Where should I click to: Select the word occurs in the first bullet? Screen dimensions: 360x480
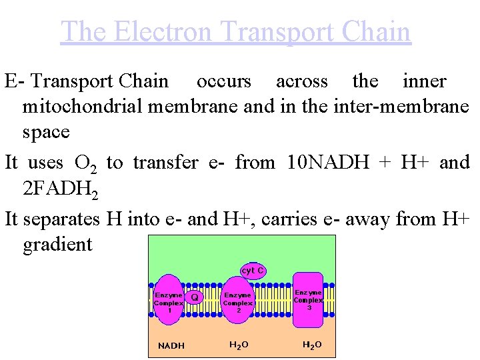click(224, 81)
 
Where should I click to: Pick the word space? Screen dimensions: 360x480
click(46, 131)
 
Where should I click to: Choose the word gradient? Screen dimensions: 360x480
click(57, 244)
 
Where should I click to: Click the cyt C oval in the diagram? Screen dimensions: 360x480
click(253, 271)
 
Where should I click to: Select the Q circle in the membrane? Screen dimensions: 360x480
click(194, 297)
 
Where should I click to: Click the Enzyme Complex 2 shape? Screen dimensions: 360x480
click(237, 303)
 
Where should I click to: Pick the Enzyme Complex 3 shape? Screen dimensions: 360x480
click(308, 299)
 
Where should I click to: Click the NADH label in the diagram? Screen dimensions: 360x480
click(171, 345)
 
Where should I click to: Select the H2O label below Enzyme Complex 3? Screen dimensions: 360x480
click(311, 345)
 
